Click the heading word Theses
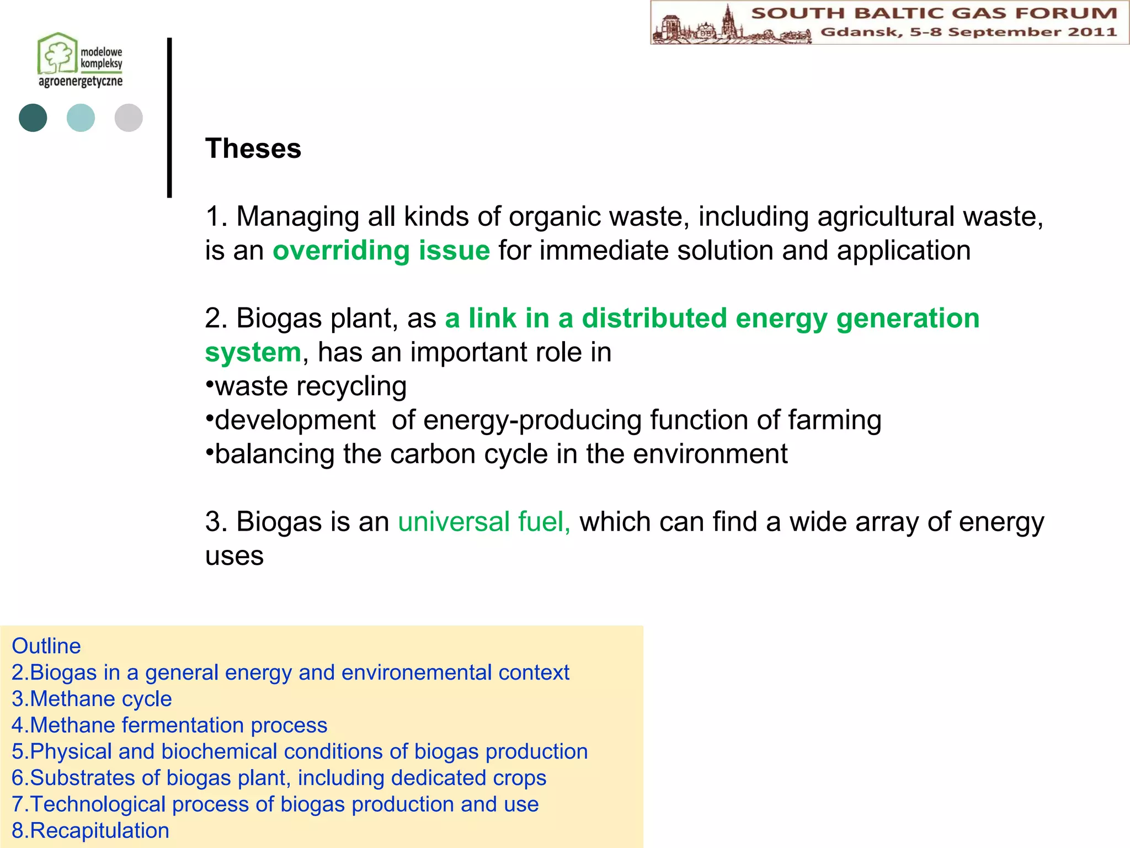pyautogui.click(x=253, y=149)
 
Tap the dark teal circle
pyautogui.click(x=33, y=118)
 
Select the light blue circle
pyautogui.click(x=81, y=118)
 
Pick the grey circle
pyautogui.click(x=129, y=118)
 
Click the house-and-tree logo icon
pyautogui.click(x=57, y=53)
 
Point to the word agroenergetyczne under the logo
pyautogui.click(x=81, y=82)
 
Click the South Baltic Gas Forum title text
pyautogui.click(x=934, y=13)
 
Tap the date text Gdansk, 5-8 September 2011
pyautogui.click(x=968, y=32)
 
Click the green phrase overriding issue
pyautogui.click(x=381, y=251)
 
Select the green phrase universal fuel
pyautogui.click(x=484, y=522)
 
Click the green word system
pyautogui.click(x=253, y=352)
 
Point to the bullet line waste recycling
pyautogui.click(x=307, y=386)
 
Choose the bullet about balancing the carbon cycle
pyautogui.click(x=497, y=454)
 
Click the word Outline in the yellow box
pyautogui.click(x=46, y=646)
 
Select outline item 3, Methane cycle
pyautogui.click(x=92, y=699)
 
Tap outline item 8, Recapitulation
pyautogui.click(x=90, y=830)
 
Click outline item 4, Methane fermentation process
pyautogui.click(x=170, y=725)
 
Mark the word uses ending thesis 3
pyautogui.click(x=234, y=555)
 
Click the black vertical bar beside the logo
pyautogui.click(x=169, y=117)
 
